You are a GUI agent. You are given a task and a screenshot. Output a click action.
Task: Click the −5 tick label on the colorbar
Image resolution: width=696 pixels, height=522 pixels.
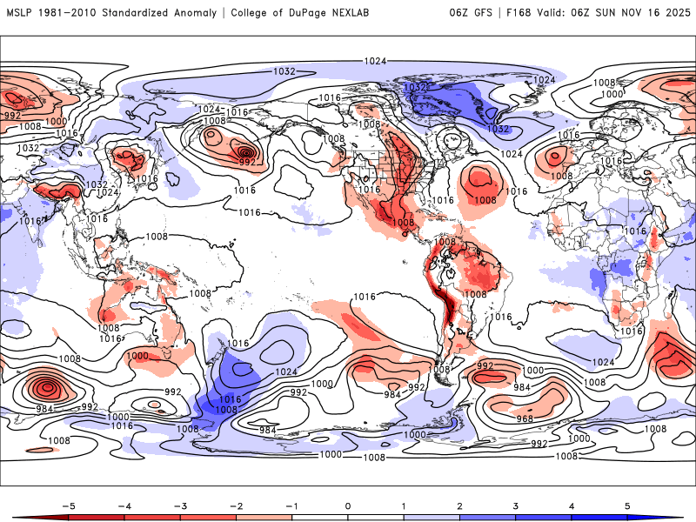click(x=67, y=505)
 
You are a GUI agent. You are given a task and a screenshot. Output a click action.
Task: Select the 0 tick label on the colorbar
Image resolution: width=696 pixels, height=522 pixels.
click(x=348, y=505)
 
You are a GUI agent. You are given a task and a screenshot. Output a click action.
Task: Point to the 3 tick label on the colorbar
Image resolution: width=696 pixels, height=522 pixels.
click(x=516, y=505)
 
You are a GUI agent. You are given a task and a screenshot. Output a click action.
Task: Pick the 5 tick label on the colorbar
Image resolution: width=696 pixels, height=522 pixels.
click(x=628, y=505)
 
